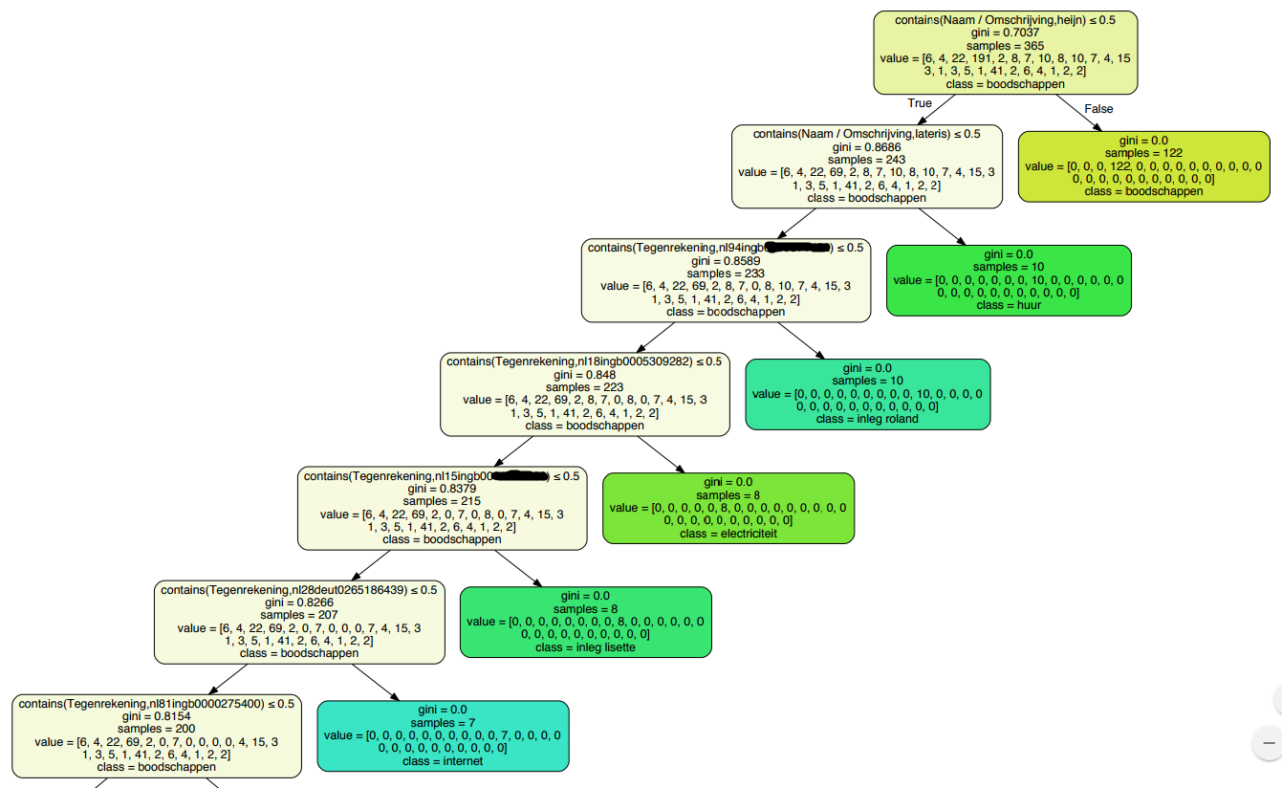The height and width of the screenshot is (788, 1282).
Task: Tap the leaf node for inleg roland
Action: tap(867, 394)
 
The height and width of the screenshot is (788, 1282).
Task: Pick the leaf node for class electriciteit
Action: tap(728, 508)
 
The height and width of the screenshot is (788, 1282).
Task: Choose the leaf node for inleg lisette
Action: tap(586, 622)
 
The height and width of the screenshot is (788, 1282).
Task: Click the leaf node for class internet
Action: tap(443, 735)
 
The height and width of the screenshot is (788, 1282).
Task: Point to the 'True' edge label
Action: tap(920, 103)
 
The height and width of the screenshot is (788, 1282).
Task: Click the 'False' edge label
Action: tap(1099, 109)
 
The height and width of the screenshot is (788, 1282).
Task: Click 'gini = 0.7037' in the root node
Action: tap(1006, 33)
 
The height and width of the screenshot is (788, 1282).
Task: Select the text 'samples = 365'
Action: tap(1006, 46)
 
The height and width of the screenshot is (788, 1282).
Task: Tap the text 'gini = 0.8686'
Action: tap(866, 147)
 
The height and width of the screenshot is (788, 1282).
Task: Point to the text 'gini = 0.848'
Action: tap(584, 375)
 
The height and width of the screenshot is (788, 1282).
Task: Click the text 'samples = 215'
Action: tap(442, 501)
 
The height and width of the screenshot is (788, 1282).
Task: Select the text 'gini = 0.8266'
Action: tap(299, 603)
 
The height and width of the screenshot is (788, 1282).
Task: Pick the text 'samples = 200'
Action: tap(157, 729)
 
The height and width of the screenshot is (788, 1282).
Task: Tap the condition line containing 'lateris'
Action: tap(866, 134)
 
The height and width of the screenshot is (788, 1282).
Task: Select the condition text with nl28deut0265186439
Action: tap(298, 590)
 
